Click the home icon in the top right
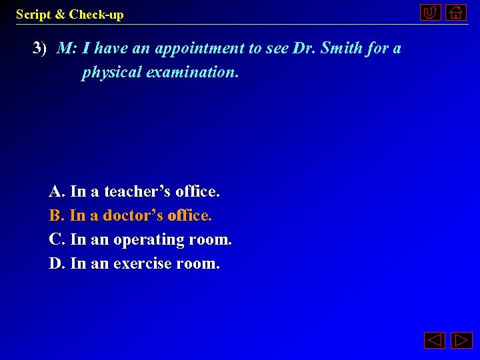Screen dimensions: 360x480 pyautogui.click(x=456, y=12)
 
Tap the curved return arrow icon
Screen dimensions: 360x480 pyautogui.click(x=431, y=12)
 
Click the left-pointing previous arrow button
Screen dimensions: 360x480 pyautogui.click(x=435, y=341)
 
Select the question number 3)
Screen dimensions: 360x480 pyautogui.click(x=40, y=48)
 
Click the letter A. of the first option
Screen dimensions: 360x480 pyautogui.click(x=57, y=192)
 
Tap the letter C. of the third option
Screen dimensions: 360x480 pyautogui.click(x=57, y=239)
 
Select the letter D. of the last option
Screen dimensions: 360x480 pyautogui.click(x=57, y=263)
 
